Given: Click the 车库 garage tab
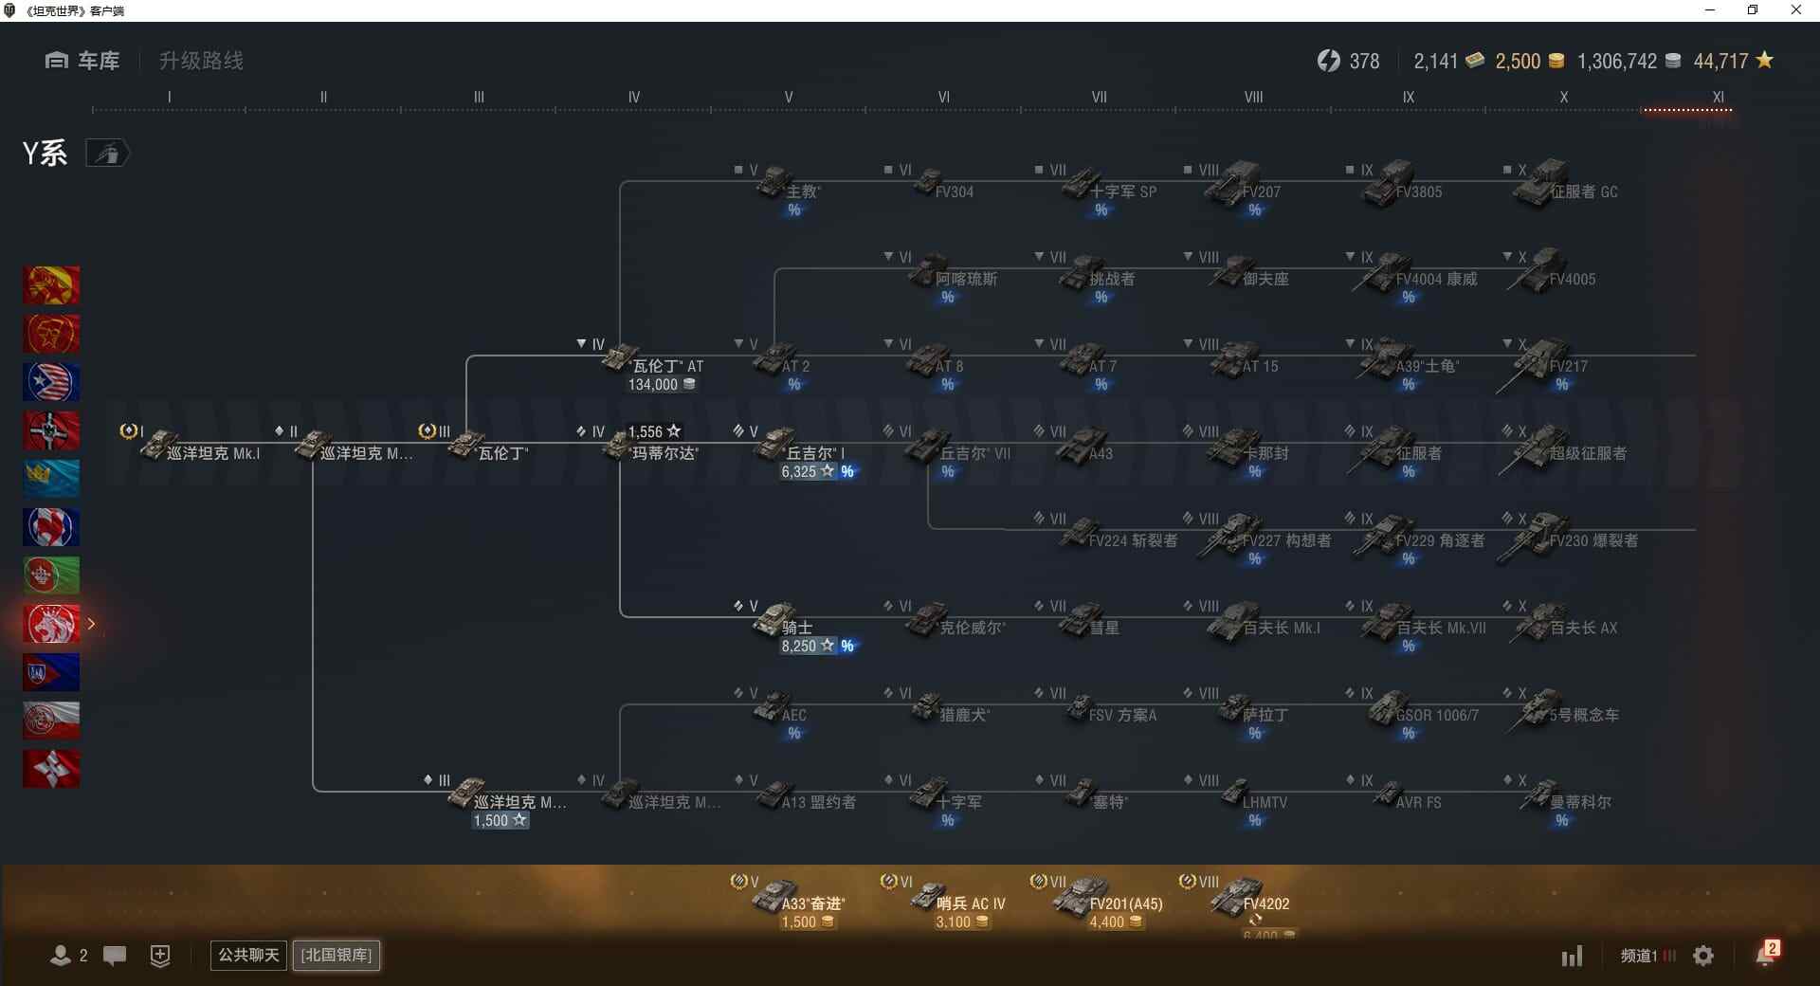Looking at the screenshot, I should point(83,61).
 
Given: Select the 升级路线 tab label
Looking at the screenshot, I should point(201,61).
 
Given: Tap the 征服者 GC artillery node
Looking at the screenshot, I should point(1564,185).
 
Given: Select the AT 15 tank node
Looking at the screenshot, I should point(1247,360).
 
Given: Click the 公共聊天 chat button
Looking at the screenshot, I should point(248,955).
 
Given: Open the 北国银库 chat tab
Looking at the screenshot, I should point(337,955).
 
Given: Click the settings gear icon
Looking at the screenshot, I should point(1703,956).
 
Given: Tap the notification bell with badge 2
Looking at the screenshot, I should point(1765,955).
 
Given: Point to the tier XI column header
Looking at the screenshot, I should point(1718,97).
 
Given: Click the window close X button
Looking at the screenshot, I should point(1795,10).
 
